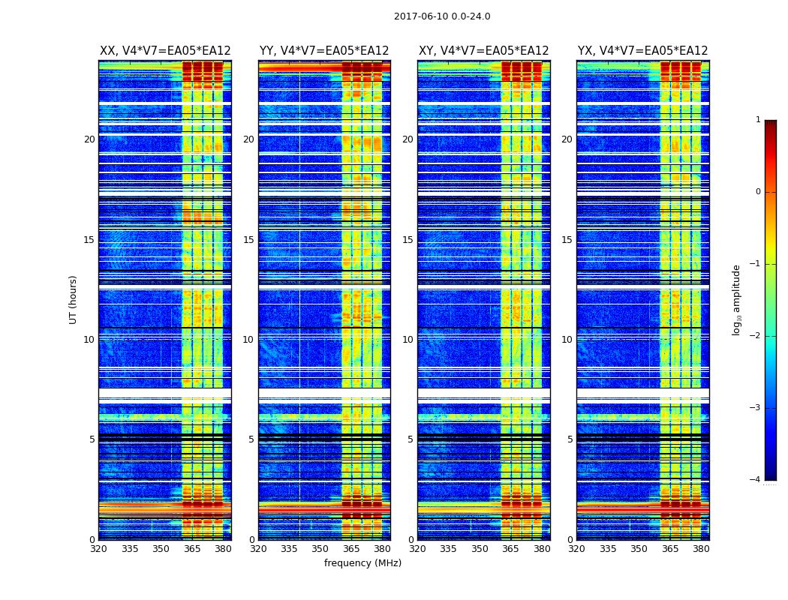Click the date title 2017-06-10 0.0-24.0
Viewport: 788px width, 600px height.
(442, 16)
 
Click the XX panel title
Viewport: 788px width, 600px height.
(165, 51)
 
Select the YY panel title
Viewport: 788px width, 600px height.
(324, 51)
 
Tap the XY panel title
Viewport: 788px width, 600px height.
(484, 51)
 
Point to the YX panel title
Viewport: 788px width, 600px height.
(643, 51)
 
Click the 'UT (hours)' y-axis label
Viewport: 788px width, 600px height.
(74, 299)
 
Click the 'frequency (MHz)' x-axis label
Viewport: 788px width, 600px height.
(362, 563)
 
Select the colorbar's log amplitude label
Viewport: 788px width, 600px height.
(737, 299)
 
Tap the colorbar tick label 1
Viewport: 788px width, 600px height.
(758, 120)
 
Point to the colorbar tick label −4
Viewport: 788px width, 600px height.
(756, 480)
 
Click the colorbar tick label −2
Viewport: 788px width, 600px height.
(756, 336)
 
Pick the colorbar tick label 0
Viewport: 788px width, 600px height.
(758, 192)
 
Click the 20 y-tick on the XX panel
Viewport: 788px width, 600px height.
(89, 139)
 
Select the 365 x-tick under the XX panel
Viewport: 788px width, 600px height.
(192, 549)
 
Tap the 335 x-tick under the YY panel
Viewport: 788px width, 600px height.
(290, 549)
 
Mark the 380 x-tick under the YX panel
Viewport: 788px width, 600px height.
(702, 549)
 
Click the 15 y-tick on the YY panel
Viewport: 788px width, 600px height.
(248, 240)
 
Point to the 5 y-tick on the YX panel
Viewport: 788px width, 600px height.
(570, 439)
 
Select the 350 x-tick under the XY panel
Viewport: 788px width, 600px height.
(480, 549)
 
